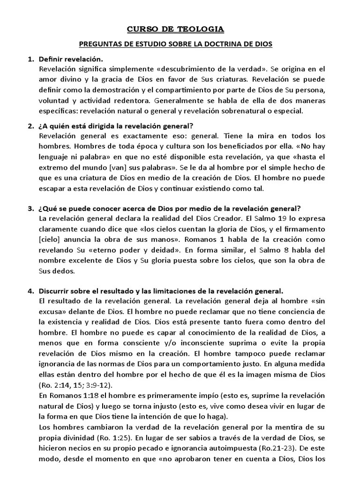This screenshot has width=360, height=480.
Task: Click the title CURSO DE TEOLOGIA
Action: click(x=176, y=30)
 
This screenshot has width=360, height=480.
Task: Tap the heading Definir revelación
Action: click(x=70, y=60)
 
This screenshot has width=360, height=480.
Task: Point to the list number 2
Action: click(x=30, y=126)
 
